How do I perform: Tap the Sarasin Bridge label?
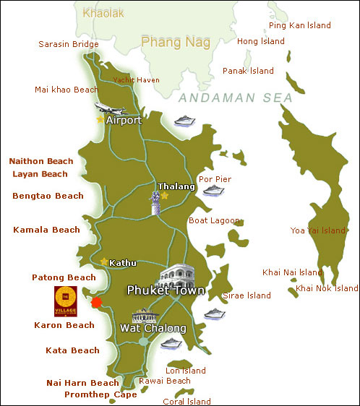tap(68, 44)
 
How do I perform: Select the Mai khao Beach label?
tap(66, 90)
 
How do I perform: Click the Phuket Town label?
tap(166, 290)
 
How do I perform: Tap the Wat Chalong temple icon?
tap(147, 316)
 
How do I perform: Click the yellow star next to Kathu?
tap(105, 262)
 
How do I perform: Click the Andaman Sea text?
tap(235, 98)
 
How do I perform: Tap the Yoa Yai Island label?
tap(318, 230)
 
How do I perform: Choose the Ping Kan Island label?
tap(299, 25)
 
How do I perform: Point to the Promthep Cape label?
tap(100, 394)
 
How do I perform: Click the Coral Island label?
tap(187, 401)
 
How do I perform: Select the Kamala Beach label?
tap(46, 230)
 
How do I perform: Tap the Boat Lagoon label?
tap(210, 220)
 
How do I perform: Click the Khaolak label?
tap(103, 12)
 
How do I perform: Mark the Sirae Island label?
tap(247, 295)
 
